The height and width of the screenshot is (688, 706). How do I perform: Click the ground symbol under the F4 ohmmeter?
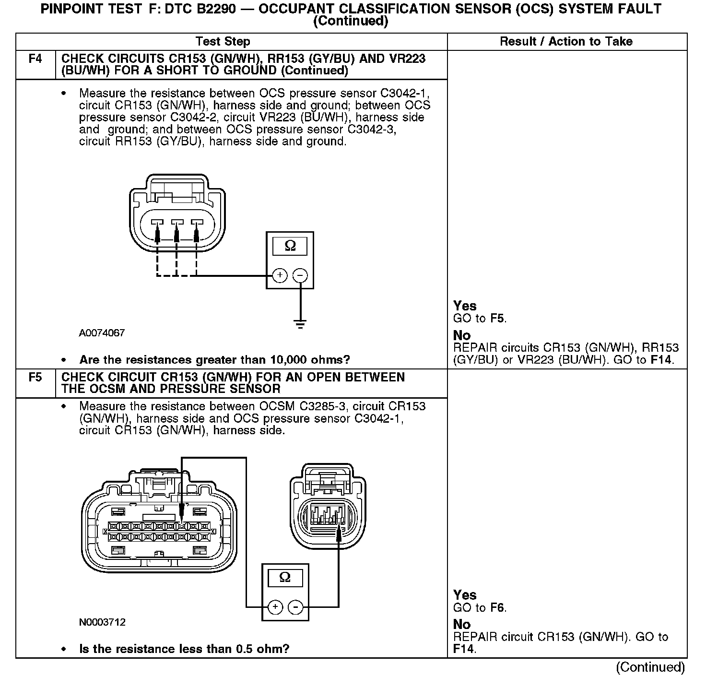pyautogui.click(x=300, y=324)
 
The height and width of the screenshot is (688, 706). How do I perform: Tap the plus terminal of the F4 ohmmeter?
pyautogui.click(x=280, y=275)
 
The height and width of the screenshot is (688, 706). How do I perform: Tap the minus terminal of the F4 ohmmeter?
pyautogui.click(x=300, y=275)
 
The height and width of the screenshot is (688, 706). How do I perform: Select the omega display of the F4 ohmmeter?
pyautogui.click(x=290, y=246)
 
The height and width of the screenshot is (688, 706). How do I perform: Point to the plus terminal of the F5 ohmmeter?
pyautogui.click(x=275, y=607)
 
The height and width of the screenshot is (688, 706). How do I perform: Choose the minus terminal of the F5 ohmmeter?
pyautogui.click(x=296, y=607)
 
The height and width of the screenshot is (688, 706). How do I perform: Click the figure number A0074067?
pyautogui.click(x=102, y=333)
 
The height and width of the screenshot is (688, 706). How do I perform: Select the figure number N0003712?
pyautogui.click(x=102, y=622)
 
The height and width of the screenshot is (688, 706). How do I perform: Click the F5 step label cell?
pyautogui.click(x=35, y=378)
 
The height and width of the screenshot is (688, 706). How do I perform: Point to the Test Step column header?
pyautogui.click(x=223, y=42)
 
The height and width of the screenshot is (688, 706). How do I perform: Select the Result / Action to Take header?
pyautogui.click(x=566, y=42)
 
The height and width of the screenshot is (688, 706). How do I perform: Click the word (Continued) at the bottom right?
pyautogui.click(x=650, y=667)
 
